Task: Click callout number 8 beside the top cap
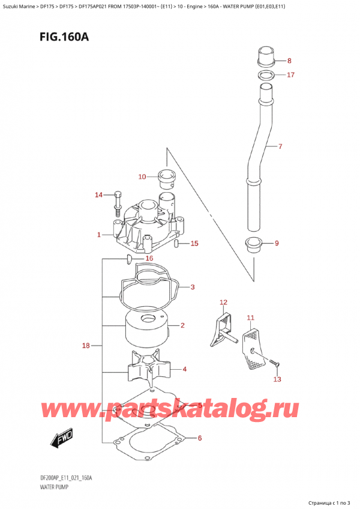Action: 289,61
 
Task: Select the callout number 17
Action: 290,75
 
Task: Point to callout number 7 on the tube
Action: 279,146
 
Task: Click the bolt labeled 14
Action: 118,203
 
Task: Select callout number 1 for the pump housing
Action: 99,235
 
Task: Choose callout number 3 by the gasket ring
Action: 192,288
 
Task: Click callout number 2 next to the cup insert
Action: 182,326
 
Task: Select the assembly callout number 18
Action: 86,346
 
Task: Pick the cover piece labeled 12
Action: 221,327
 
